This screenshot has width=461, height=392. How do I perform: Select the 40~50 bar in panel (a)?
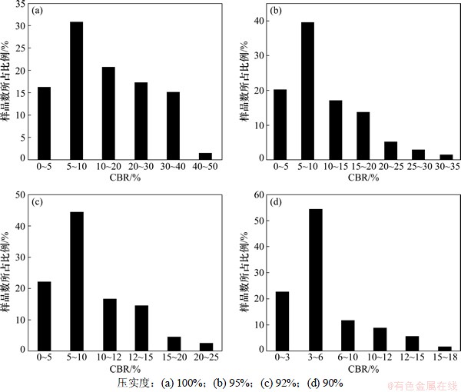[206, 155]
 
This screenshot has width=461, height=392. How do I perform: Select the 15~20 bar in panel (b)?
[363, 135]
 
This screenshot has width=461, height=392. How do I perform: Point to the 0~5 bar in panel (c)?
[44, 315]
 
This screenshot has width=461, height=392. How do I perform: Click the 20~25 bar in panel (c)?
[206, 346]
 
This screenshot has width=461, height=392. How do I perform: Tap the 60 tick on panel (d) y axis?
[258, 194]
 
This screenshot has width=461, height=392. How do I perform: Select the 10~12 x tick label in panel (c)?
[108, 357]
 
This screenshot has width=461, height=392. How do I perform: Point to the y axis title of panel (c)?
[7, 272]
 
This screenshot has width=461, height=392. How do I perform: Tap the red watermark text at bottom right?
[421, 383]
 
